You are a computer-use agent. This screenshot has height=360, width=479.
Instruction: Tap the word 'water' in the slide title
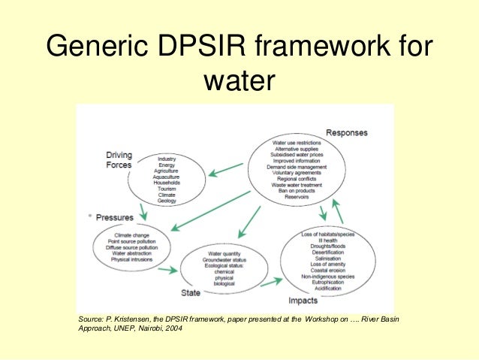239,83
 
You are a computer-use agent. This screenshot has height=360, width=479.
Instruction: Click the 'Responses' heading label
346,133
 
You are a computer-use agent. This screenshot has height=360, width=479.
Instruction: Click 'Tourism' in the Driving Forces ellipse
167,189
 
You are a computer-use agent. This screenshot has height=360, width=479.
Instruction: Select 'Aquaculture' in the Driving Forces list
167,177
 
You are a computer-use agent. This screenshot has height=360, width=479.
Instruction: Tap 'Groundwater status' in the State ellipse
224,260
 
